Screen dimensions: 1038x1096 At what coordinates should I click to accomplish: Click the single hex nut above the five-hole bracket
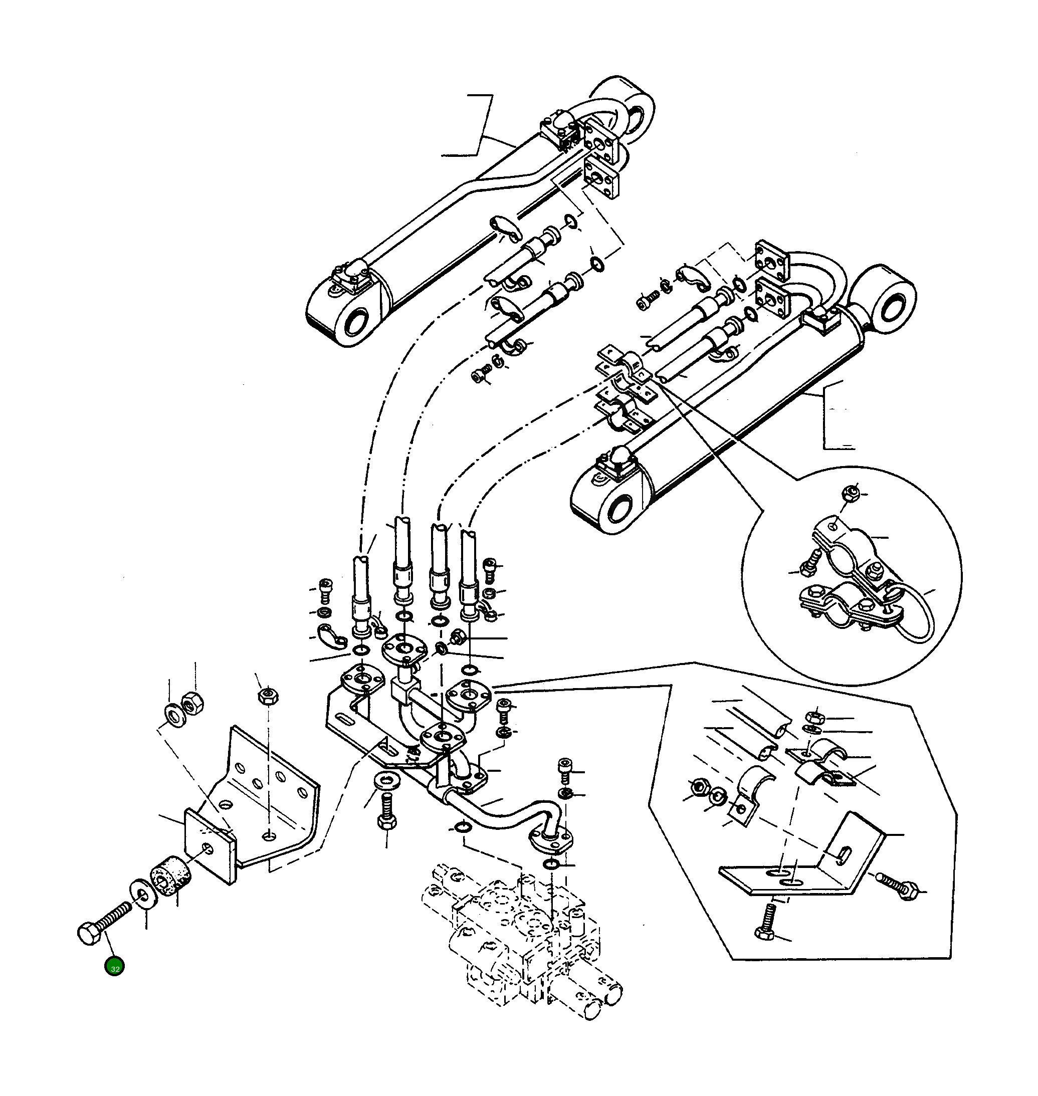(268, 696)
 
